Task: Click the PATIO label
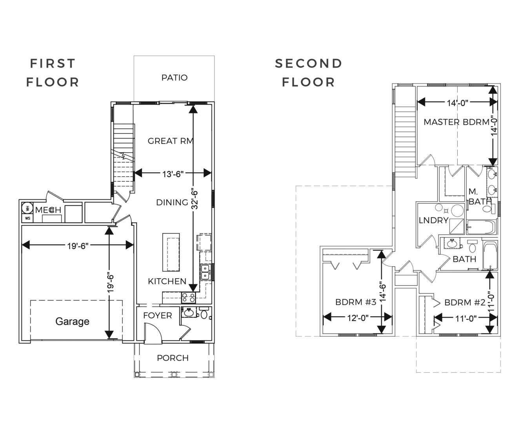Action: pyautogui.click(x=175, y=78)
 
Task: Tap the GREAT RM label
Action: pyautogui.click(x=171, y=141)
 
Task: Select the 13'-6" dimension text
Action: pyautogui.click(x=173, y=174)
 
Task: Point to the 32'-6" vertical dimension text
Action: pyautogui.click(x=195, y=200)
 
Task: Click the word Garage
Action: pyautogui.click(x=72, y=321)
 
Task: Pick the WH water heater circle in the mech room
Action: pyautogui.click(x=27, y=208)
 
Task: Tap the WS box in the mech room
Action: pyautogui.click(x=27, y=219)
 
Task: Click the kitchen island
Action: pyautogui.click(x=171, y=252)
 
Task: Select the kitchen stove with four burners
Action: pyautogui.click(x=189, y=298)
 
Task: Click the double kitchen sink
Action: pyautogui.click(x=205, y=272)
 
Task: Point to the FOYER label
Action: pyautogui.click(x=157, y=316)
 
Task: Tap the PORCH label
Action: pyautogui.click(x=173, y=358)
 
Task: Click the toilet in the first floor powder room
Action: pyautogui.click(x=204, y=313)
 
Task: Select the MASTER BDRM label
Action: pyautogui.click(x=457, y=122)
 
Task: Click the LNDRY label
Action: pyautogui.click(x=433, y=220)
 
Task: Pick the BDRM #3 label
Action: pyautogui.click(x=356, y=302)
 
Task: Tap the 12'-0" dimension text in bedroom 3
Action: pyautogui.click(x=358, y=318)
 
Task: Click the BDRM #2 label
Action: pyautogui.click(x=465, y=303)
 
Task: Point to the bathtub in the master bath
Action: pyautogui.click(x=481, y=227)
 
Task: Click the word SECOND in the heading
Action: pyautogui.click(x=309, y=64)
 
